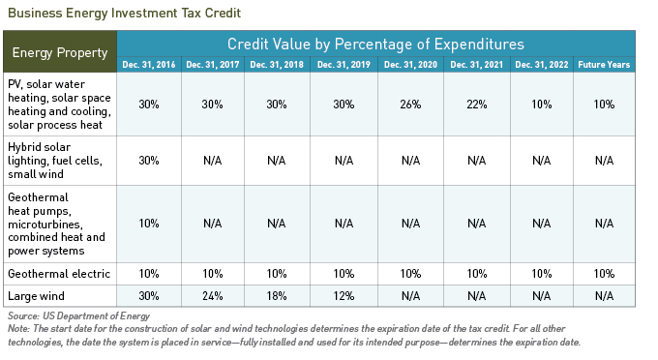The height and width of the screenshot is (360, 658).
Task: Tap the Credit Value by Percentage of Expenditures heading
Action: [375, 45]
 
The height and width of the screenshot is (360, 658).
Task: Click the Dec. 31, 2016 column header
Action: [149, 65]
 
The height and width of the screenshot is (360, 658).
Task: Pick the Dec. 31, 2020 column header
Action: [410, 65]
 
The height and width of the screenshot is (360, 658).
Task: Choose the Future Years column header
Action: [605, 65]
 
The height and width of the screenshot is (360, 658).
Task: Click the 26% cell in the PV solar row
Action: [410, 105]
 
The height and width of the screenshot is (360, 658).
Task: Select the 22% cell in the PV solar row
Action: [475, 105]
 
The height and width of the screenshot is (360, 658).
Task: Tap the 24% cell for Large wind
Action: [214, 294]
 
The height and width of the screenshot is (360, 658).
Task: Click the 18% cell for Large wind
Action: [279, 294]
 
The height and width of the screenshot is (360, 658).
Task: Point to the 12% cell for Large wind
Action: [344, 294]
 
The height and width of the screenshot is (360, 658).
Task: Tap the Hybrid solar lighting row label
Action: [58, 161]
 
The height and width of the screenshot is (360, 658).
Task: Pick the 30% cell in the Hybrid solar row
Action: [149, 161]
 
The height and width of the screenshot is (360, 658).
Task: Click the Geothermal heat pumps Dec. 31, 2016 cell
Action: [149, 223]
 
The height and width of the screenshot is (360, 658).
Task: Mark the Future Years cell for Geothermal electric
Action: [605, 274]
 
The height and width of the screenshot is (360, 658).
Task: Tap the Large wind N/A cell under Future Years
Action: [605, 294]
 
